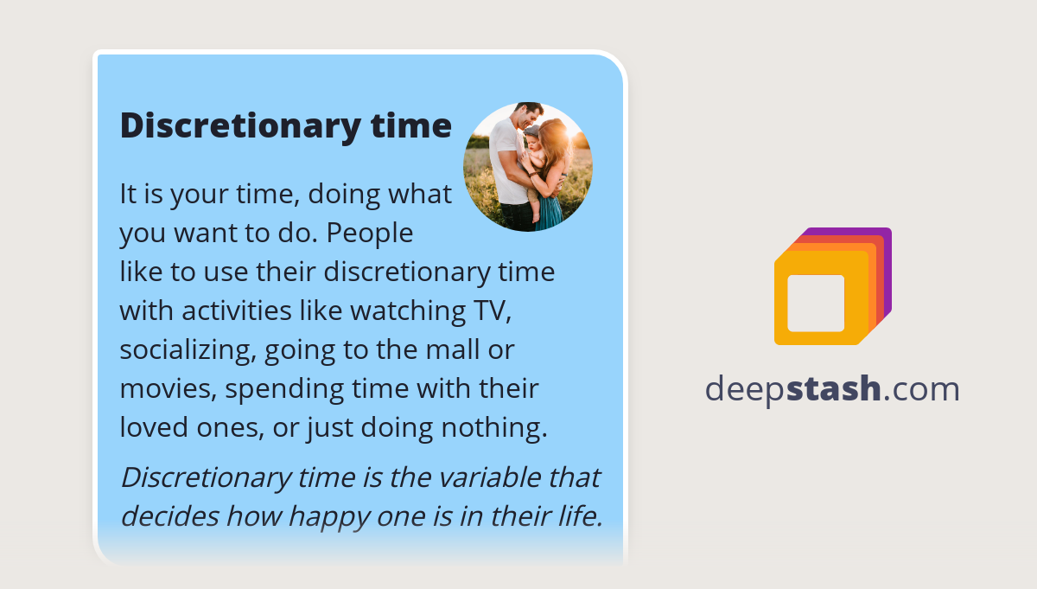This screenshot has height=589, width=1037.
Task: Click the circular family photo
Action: click(528, 167)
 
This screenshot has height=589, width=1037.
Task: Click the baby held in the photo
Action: click(536, 156)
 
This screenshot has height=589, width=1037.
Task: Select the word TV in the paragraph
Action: click(484, 310)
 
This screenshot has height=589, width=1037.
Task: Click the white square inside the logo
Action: click(816, 303)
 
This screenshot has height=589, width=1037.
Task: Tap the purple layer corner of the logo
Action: click(884, 235)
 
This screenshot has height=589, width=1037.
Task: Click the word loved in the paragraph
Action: click(157, 427)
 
